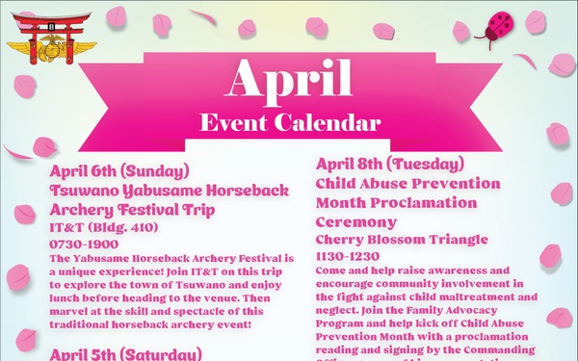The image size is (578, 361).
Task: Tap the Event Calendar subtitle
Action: pyautogui.click(x=289, y=123)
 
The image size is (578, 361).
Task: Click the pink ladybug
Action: pyautogui.click(x=501, y=24)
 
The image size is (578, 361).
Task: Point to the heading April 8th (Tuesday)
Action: pyautogui.click(x=376, y=163)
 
